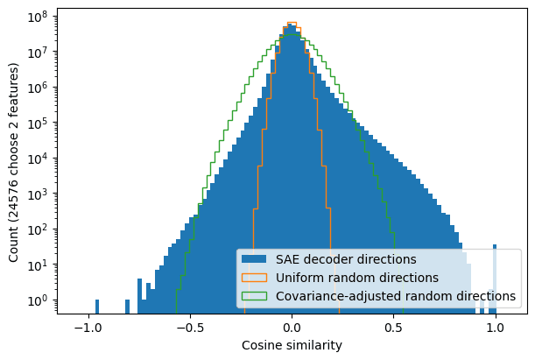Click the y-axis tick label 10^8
click(x=38, y=17)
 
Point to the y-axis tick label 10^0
click(x=38, y=300)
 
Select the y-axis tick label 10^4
click(x=38, y=159)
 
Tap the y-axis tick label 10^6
click(x=38, y=88)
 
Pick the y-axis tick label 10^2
click(x=38, y=229)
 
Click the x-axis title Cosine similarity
click(x=292, y=346)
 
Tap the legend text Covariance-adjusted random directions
click(x=396, y=296)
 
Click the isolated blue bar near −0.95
click(x=96, y=307)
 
